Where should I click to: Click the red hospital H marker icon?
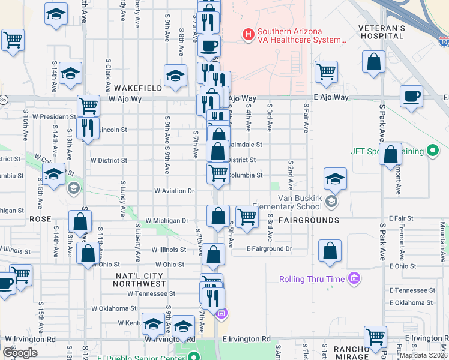(247, 35)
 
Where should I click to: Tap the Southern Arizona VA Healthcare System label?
(301, 36)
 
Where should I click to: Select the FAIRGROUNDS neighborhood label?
(309, 220)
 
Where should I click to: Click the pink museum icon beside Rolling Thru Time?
(354, 279)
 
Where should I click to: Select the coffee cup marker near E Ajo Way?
(412, 97)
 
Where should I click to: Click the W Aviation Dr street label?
(175, 191)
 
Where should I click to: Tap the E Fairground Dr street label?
(269, 248)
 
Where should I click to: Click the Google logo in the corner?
(20, 352)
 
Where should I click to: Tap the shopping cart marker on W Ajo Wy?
(88, 106)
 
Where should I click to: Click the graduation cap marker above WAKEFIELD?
(175, 76)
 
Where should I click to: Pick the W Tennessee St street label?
(151, 294)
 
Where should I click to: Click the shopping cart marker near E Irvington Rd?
(375, 337)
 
